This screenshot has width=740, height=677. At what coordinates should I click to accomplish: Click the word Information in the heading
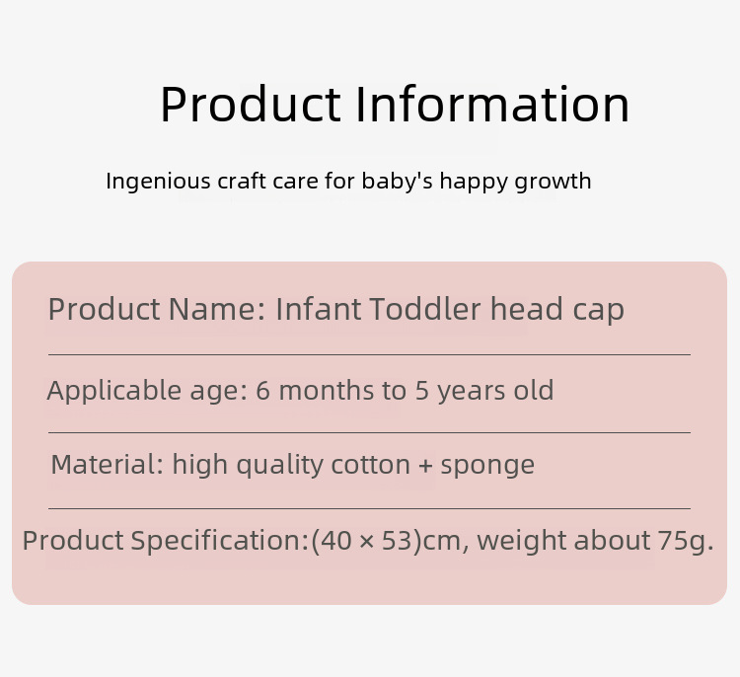[x=492, y=104]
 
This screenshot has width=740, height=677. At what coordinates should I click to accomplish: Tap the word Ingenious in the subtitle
[x=158, y=182]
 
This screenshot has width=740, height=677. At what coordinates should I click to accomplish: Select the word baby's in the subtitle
[x=397, y=181]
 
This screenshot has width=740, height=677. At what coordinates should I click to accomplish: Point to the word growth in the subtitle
[x=553, y=182]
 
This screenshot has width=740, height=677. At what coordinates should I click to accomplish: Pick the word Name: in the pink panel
[x=217, y=309]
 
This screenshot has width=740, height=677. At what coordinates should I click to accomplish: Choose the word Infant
[x=318, y=309]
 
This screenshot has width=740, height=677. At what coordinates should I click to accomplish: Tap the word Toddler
[x=424, y=309]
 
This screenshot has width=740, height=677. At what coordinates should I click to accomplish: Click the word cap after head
[x=599, y=312]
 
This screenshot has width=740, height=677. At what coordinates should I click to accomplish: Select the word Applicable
[x=113, y=391]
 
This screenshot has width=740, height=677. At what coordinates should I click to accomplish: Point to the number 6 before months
[x=262, y=391]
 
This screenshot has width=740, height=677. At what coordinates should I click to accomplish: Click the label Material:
[x=108, y=465]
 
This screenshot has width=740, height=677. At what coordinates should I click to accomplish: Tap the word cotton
[x=370, y=466]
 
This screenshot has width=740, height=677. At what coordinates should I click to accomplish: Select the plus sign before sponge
[x=425, y=466]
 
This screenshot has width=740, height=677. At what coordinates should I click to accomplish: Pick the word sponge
[x=487, y=468]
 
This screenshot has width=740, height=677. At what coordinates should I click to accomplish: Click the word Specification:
[x=219, y=541]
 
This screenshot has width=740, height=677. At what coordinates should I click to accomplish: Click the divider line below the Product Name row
[x=369, y=354]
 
